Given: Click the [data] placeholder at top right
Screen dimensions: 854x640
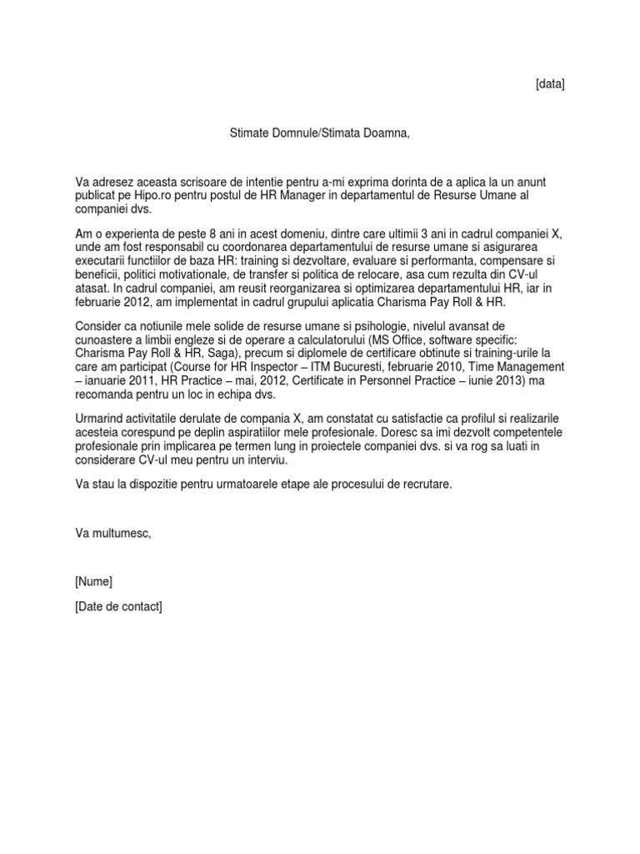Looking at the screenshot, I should [549, 84].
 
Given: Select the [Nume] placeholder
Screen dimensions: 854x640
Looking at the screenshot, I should [93, 581].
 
